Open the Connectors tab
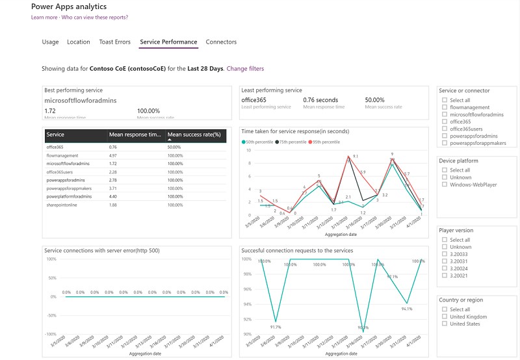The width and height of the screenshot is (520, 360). pos(221,42)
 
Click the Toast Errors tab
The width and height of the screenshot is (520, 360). pos(114,42)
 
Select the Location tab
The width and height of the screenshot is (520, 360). pos(79,42)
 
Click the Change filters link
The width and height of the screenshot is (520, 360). pos(245,68)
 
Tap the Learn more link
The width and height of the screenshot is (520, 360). pos(44,18)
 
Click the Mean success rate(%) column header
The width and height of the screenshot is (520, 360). pos(194,135)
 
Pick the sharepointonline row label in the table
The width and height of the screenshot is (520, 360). pos(63,205)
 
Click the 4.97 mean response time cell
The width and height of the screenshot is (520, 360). pos(113,155)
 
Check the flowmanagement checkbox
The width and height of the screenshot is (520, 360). pos(444,107)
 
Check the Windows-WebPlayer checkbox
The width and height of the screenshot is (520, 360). pos(444,184)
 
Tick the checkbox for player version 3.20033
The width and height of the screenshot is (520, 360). pos(444,254)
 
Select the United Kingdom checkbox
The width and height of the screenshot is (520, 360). pos(444,316)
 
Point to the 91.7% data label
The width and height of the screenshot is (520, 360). pos(276,327)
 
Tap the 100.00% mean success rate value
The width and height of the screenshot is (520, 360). pos(149,110)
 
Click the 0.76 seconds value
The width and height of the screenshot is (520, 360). pos(320,100)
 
